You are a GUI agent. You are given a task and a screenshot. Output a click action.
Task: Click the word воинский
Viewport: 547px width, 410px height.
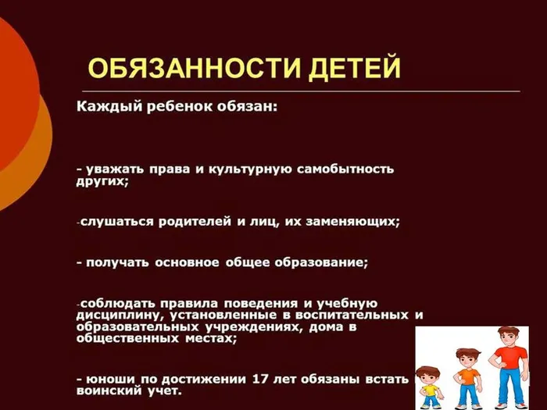click(110, 390)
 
